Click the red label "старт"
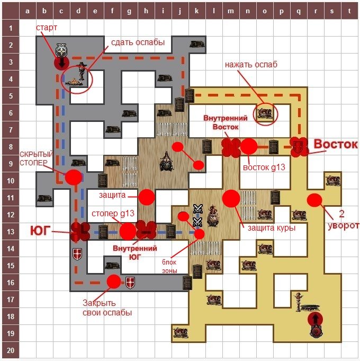47,28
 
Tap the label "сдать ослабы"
138,42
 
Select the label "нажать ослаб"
251,65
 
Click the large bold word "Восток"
336,144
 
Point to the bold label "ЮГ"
40,231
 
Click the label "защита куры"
272,228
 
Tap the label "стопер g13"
113,214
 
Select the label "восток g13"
264,167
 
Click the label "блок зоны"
169,266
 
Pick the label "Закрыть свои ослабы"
107,308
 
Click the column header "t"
349,11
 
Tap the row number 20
11,350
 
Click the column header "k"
197,11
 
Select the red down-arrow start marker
61,63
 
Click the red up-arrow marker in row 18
316,319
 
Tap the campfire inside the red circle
74,82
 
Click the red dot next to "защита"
147,197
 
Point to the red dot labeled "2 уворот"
314,200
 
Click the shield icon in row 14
77,254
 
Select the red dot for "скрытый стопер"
74,177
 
